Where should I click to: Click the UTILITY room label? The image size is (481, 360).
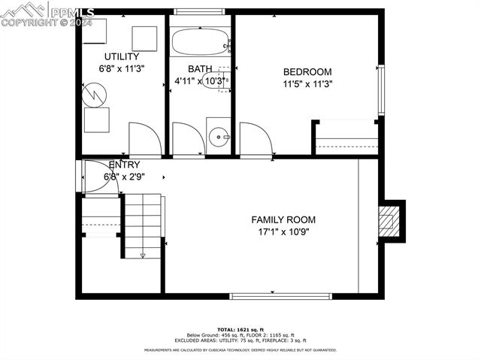(x=121, y=56)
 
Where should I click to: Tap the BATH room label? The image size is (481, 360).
(x=200, y=68)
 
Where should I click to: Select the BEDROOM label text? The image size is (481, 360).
(x=307, y=72)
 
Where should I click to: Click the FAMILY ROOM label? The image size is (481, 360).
(x=283, y=219)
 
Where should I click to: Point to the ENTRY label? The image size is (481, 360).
(x=124, y=165)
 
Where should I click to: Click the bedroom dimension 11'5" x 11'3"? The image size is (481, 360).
(x=307, y=84)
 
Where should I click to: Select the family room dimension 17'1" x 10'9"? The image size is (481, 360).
(x=283, y=231)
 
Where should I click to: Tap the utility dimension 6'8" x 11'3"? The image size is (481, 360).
(x=121, y=68)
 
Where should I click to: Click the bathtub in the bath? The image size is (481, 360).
(x=199, y=42)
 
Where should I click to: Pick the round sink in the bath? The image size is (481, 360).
(x=218, y=137)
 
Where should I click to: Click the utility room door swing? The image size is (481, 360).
(x=144, y=138)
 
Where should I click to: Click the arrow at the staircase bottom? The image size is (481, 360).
(x=142, y=255)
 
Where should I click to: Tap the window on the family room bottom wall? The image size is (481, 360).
(x=280, y=296)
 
